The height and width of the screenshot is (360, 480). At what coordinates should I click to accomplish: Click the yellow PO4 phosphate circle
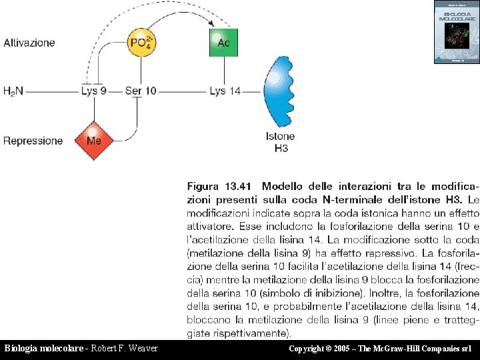tap(141, 43)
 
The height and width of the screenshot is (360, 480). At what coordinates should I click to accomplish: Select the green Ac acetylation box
tap(224, 43)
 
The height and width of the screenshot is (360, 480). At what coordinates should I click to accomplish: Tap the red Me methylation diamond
tap(94, 140)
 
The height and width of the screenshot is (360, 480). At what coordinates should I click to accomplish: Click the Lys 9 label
tap(93, 91)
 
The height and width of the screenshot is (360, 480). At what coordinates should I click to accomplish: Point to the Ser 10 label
tap(141, 91)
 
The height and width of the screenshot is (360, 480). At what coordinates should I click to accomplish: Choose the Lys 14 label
tap(225, 91)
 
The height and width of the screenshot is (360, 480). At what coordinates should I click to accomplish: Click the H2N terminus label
tap(13, 91)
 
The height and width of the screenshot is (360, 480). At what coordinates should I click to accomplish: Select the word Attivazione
tap(29, 43)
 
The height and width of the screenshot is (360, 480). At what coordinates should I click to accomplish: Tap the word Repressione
tap(33, 141)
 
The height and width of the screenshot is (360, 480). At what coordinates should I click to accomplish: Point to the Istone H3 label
tap(281, 141)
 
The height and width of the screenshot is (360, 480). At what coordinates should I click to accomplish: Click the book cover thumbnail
tap(456, 32)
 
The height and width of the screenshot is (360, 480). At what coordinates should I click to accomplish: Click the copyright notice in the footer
tap(380, 349)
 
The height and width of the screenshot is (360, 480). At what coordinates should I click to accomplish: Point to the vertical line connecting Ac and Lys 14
tap(224, 71)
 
